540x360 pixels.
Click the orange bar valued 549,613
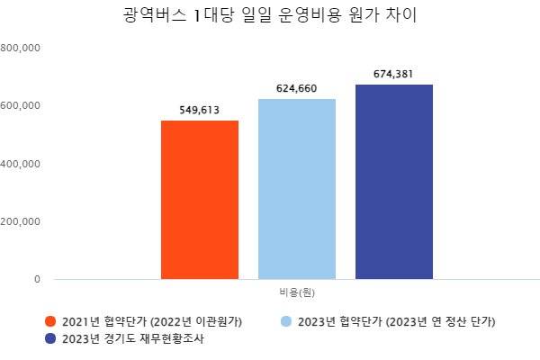(200, 199)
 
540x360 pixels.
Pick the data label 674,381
(394, 75)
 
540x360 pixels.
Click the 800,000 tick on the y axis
(20, 48)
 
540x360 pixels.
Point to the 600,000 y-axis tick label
(20, 105)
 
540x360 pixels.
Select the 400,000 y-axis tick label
(20, 164)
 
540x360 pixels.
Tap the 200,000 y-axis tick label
(20, 221)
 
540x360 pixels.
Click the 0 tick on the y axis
(37, 279)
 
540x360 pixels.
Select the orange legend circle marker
(50, 321)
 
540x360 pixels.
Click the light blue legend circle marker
(287, 321)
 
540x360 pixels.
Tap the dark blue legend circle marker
(50, 339)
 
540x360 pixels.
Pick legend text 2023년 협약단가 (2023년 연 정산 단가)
(397, 321)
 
